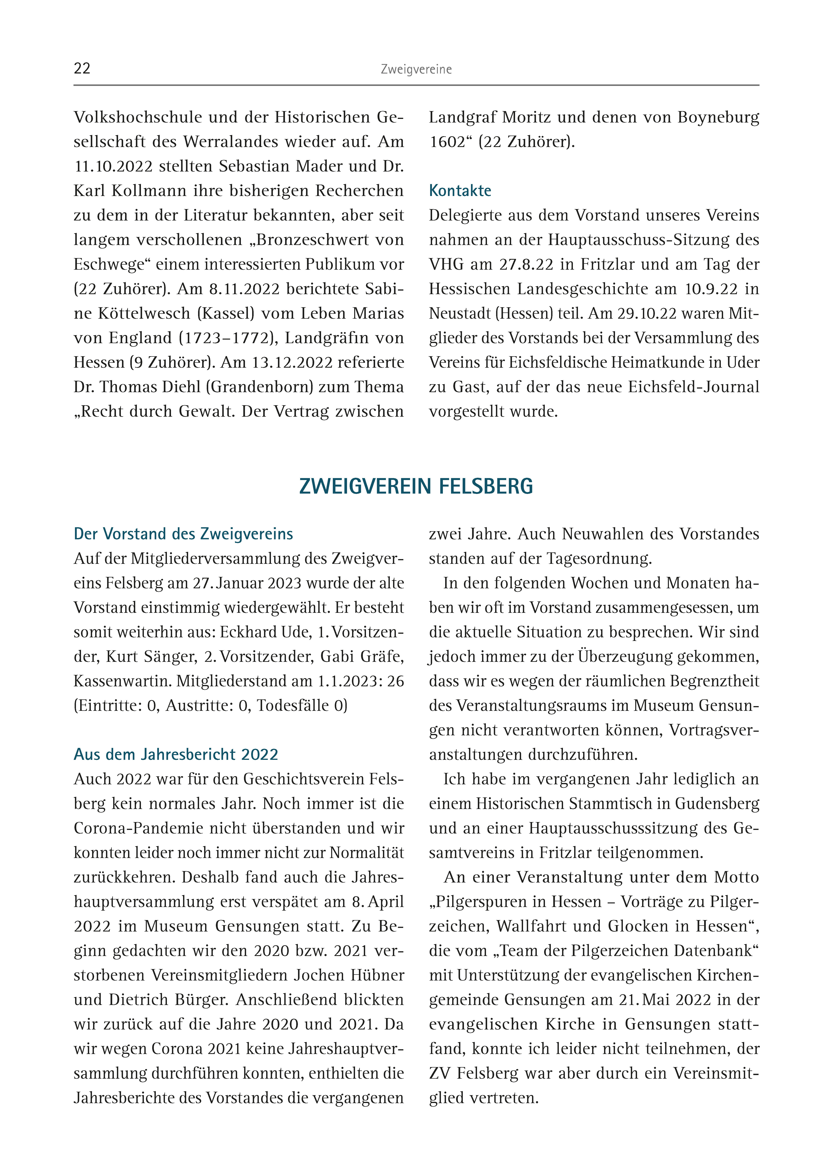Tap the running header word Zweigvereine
coord(416,69)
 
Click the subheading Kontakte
coord(460,191)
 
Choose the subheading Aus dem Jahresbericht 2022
coord(176,754)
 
